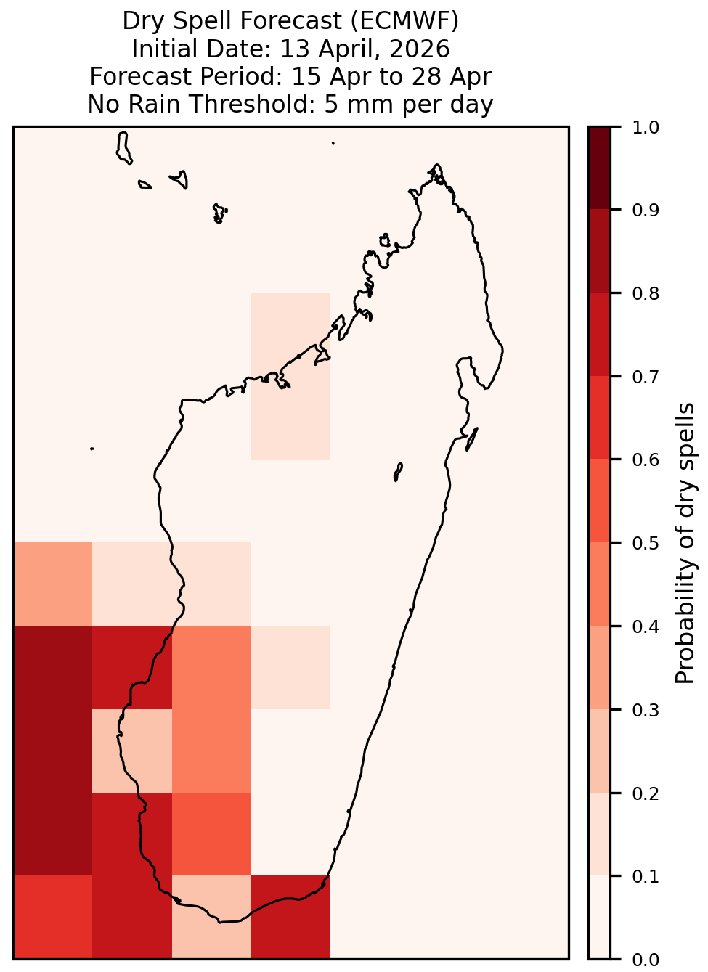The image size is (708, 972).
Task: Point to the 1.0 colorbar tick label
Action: click(x=646, y=128)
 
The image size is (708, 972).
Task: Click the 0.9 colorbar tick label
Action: click(x=646, y=210)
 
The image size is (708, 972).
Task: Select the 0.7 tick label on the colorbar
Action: click(x=646, y=377)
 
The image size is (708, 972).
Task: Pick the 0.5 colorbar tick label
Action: click(x=646, y=543)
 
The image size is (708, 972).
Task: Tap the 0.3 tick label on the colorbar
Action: click(x=646, y=711)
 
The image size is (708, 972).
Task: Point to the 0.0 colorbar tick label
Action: click(x=646, y=960)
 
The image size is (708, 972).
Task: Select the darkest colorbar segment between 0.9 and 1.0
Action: click(x=600, y=168)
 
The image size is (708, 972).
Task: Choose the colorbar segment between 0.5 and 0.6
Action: click(x=600, y=501)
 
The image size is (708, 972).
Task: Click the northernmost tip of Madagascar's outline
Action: click(x=436, y=165)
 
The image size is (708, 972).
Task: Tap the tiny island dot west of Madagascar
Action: click(x=91, y=449)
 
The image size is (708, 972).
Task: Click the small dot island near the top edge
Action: click(x=333, y=143)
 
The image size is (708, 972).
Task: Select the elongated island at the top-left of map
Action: click(x=123, y=148)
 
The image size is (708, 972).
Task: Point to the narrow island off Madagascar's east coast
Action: click(x=472, y=439)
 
